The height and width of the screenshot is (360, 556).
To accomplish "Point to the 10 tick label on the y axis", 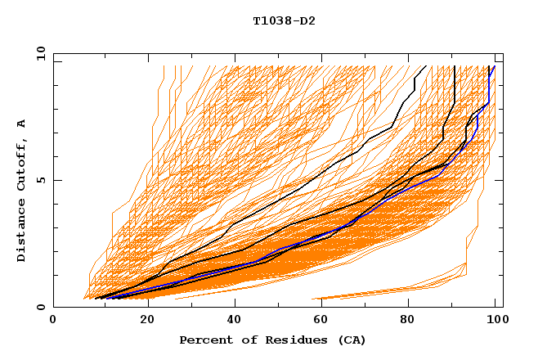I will coord(41,54).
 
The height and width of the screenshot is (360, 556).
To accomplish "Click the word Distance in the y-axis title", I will coord(22,232).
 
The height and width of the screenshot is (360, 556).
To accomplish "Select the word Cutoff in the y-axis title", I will coord(22,166).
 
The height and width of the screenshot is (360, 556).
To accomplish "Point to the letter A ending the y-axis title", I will coord(22,124).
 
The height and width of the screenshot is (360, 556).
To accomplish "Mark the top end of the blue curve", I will coord(494,66).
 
